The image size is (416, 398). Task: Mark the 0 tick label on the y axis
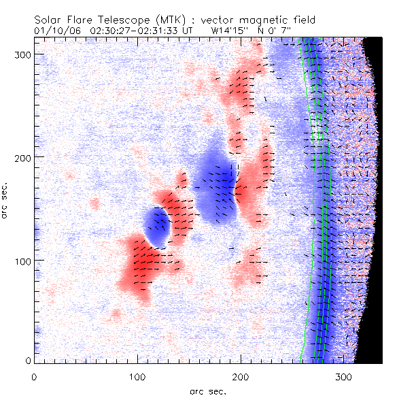pyautogui.click(x=29, y=361)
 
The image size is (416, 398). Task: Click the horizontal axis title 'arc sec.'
pyautogui.click(x=207, y=391)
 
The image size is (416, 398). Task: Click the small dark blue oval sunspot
pyautogui.click(x=158, y=227)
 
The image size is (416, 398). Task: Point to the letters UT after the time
pyautogui.click(x=193, y=31)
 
